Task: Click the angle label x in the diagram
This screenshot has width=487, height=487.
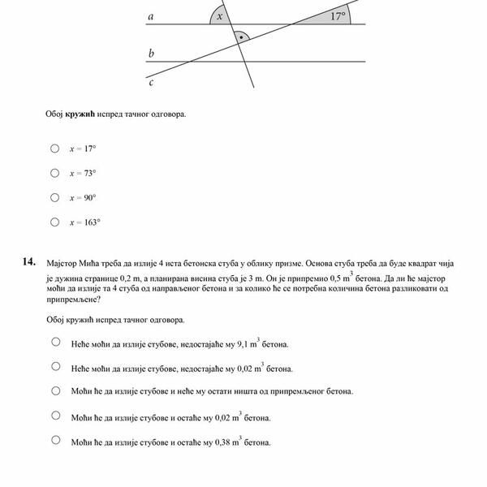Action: coord(219,17)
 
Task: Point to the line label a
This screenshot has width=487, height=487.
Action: coord(151,16)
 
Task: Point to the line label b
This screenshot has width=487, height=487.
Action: coord(151,54)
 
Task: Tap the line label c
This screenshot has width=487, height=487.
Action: coord(151,81)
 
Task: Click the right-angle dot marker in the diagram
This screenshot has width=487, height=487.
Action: coord(240,37)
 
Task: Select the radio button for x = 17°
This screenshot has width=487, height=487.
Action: coord(54,149)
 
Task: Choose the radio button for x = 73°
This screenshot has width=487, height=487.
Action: coord(54,173)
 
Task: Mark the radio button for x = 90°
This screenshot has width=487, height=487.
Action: coord(54,197)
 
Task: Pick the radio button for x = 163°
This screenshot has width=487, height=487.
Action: coord(54,222)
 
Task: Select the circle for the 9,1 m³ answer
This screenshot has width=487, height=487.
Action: coord(55,342)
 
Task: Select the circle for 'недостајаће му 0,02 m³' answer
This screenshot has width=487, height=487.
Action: coord(55,366)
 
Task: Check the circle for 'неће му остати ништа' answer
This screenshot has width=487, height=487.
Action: coord(55,390)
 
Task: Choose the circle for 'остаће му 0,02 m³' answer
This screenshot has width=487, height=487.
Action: coord(55,416)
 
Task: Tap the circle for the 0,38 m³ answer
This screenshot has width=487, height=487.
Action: coord(55,440)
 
